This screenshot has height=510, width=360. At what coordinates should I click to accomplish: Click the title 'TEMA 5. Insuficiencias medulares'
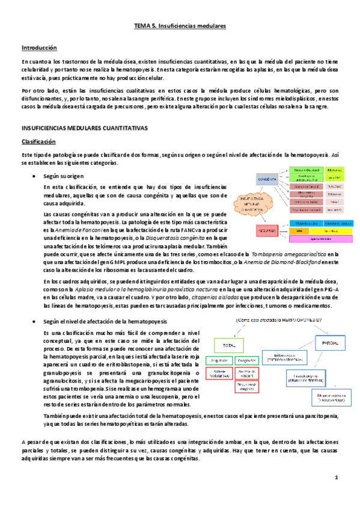tap(180, 27)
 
